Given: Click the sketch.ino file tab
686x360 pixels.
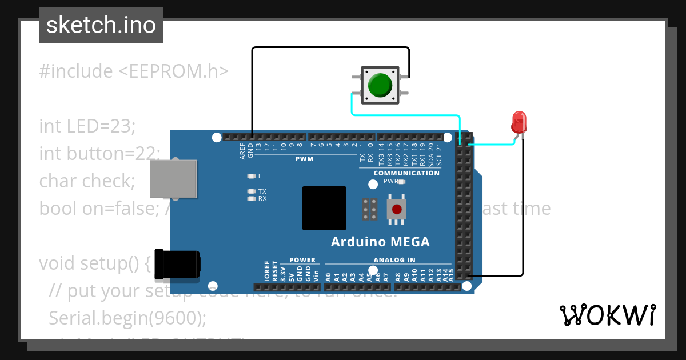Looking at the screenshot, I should (x=101, y=25).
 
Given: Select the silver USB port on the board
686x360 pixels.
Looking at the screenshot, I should (x=173, y=179).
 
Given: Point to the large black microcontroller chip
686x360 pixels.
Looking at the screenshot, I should (x=324, y=208).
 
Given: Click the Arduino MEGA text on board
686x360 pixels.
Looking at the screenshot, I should (x=380, y=242).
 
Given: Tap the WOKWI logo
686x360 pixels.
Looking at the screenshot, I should (x=607, y=315).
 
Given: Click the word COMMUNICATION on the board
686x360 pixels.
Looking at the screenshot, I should (x=406, y=173).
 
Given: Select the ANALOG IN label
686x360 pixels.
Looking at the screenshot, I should (x=394, y=260).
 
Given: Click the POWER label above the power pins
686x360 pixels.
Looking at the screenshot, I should (x=302, y=260).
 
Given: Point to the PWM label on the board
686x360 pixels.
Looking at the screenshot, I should (x=304, y=159).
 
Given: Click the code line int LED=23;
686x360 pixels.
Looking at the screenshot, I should (x=87, y=126).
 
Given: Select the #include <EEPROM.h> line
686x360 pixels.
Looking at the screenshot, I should (x=134, y=71).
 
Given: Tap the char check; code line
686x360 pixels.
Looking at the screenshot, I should (x=87, y=181).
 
